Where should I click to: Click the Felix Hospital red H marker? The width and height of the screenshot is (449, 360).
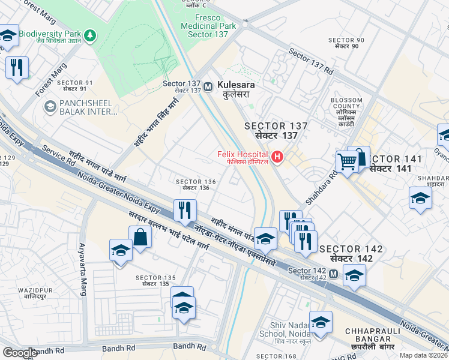(x=277, y=158)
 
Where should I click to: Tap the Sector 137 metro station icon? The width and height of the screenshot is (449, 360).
(x=208, y=86)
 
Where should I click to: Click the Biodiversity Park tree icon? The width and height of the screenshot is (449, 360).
(x=90, y=35)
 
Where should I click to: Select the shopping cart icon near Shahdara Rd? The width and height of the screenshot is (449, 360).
(x=348, y=161)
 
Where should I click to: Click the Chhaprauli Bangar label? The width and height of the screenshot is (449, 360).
(x=369, y=335)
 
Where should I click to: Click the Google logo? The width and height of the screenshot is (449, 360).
(x=20, y=353)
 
